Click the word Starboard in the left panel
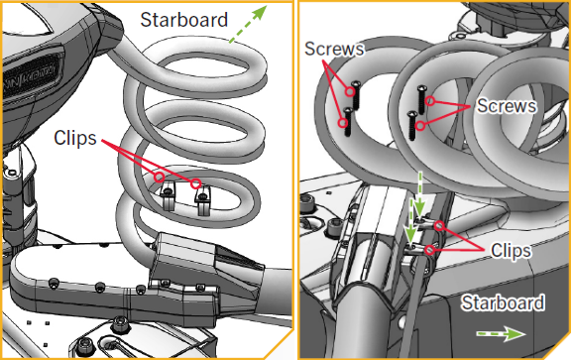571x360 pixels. pyautogui.click(x=184, y=20)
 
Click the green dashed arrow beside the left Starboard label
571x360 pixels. pyautogui.click(x=248, y=24)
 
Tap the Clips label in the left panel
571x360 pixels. pyautogui.click(x=75, y=138)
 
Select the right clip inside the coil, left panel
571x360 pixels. pyautogui.click(x=202, y=199)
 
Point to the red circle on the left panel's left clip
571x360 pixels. pyautogui.click(x=160, y=178)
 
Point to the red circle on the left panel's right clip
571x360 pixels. pyautogui.click(x=196, y=183)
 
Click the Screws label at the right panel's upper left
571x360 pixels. pyautogui.click(x=334, y=49)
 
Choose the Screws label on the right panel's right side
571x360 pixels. pyautogui.click(x=507, y=106)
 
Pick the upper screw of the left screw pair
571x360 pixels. pyautogui.click(x=355, y=95)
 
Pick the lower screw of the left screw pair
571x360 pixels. pyautogui.click(x=348, y=122)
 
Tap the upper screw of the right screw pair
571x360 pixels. pyautogui.click(x=421, y=99)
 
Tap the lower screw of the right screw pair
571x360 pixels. pyautogui.click(x=412, y=126)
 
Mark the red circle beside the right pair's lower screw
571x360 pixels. pyautogui.click(x=420, y=126)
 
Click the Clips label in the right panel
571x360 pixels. pyautogui.click(x=511, y=251)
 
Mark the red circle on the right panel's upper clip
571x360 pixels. pyautogui.click(x=439, y=226)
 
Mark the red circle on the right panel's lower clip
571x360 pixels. pyautogui.click(x=430, y=250)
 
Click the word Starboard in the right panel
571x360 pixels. pyautogui.click(x=503, y=302)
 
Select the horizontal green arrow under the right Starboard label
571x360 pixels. pyautogui.click(x=502, y=334)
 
